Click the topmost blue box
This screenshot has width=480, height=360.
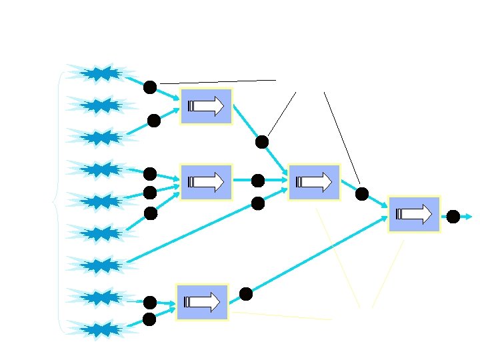[207, 106]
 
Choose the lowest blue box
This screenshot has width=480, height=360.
[202, 302]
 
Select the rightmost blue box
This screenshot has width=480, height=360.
[414, 213]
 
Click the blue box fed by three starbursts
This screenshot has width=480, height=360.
[207, 181]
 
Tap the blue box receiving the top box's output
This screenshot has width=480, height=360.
[314, 181]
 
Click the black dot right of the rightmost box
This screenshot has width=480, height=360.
[453, 216]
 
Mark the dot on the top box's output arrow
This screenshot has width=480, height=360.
[262, 142]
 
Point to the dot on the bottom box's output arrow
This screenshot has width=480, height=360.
[246, 293]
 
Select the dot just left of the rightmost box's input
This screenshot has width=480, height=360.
[362, 194]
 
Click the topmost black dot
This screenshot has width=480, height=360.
[150, 87]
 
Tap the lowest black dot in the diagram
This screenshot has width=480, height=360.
[149, 319]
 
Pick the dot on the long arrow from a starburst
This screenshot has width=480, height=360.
[258, 203]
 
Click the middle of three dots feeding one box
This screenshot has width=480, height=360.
[149, 193]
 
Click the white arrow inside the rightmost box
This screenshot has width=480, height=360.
[414, 214]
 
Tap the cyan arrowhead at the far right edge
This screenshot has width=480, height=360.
[470, 217]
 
